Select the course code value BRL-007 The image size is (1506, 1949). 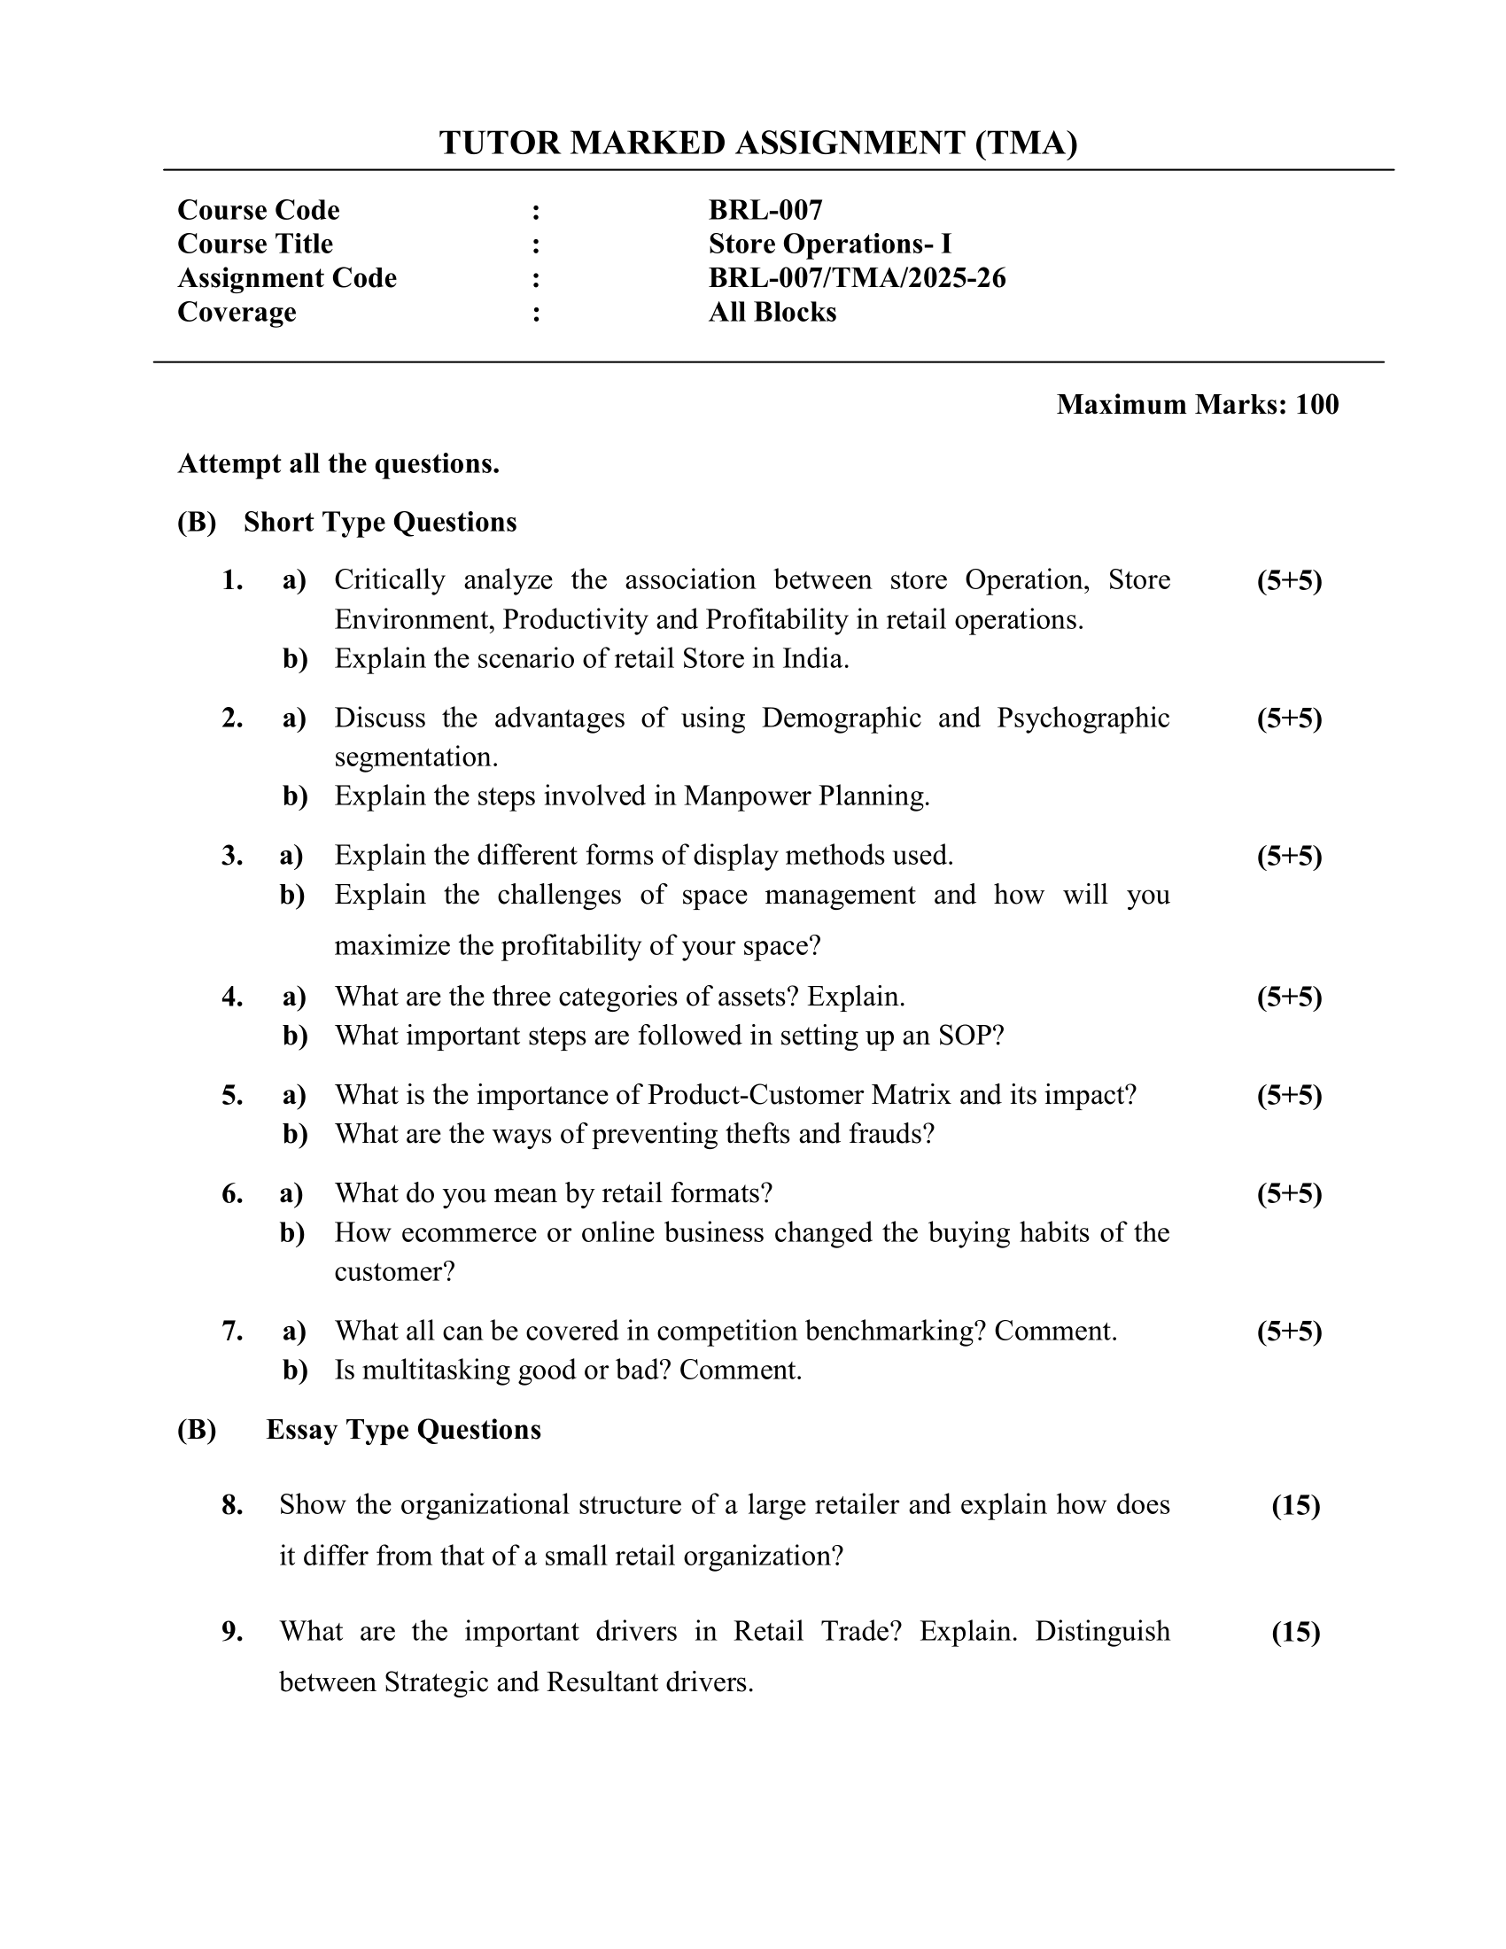click(x=765, y=210)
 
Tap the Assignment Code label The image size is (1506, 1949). click(x=286, y=278)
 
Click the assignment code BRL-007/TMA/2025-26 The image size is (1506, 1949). click(x=857, y=278)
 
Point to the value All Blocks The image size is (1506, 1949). click(x=772, y=313)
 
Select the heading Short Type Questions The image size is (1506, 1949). click(x=379, y=522)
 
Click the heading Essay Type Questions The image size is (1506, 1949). click(x=403, y=1430)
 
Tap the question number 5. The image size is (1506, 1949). click(x=232, y=1095)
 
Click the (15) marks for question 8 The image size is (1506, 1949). click(x=1295, y=1505)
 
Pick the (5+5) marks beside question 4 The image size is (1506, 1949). click(x=1289, y=997)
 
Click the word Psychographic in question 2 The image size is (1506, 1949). click(x=1083, y=718)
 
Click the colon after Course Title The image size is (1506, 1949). click(x=535, y=245)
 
